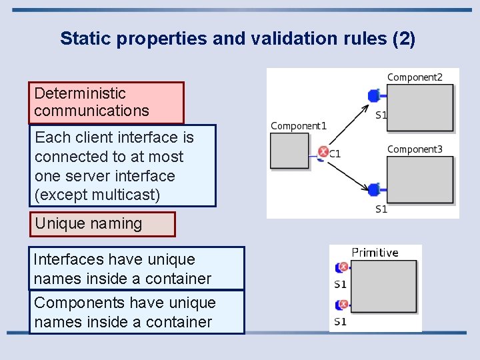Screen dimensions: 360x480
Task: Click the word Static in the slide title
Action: (x=86, y=39)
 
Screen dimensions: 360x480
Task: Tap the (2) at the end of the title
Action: (x=404, y=39)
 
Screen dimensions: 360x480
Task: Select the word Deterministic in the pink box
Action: (x=80, y=93)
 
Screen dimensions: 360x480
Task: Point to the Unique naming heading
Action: (x=89, y=224)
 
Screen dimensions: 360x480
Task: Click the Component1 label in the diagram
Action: (x=298, y=125)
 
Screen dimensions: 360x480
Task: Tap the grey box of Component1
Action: (x=290, y=151)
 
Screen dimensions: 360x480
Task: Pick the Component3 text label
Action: (x=415, y=149)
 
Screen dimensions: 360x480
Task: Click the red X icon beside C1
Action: (x=323, y=152)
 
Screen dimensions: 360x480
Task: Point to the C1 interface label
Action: (x=335, y=154)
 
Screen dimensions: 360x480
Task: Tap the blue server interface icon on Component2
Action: (x=374, y=97)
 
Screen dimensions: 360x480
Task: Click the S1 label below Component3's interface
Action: (x=381, y=209)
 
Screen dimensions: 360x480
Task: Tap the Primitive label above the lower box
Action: (x=375, y=253)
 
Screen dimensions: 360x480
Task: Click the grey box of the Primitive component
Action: (x=385, y=287)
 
